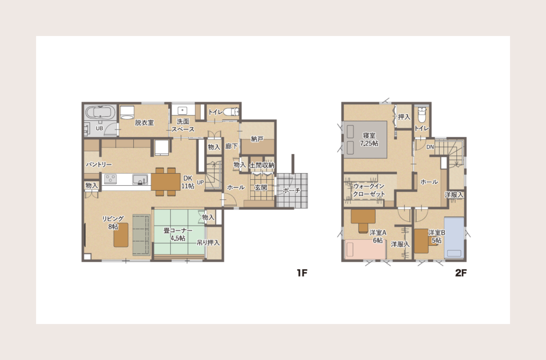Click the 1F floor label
(302, 273)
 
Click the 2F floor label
(461, 273)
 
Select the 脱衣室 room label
(145, 122)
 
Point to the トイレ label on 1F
(216, 112)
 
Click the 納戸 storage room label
(257, 139)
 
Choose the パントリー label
(99, 164)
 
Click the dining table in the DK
(165, 181)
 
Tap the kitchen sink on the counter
(140, 180)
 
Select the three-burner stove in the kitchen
(110, 179)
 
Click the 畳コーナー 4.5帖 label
(177, 234)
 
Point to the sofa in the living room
(141, 235)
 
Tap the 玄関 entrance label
(261, 187)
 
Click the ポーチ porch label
(292, 191)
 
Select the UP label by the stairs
(200, 182)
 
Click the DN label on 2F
(430, 147)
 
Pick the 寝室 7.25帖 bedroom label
(369, 139)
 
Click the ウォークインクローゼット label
(369, 190)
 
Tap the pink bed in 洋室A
(365, 250)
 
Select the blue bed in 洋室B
(454, 238)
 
